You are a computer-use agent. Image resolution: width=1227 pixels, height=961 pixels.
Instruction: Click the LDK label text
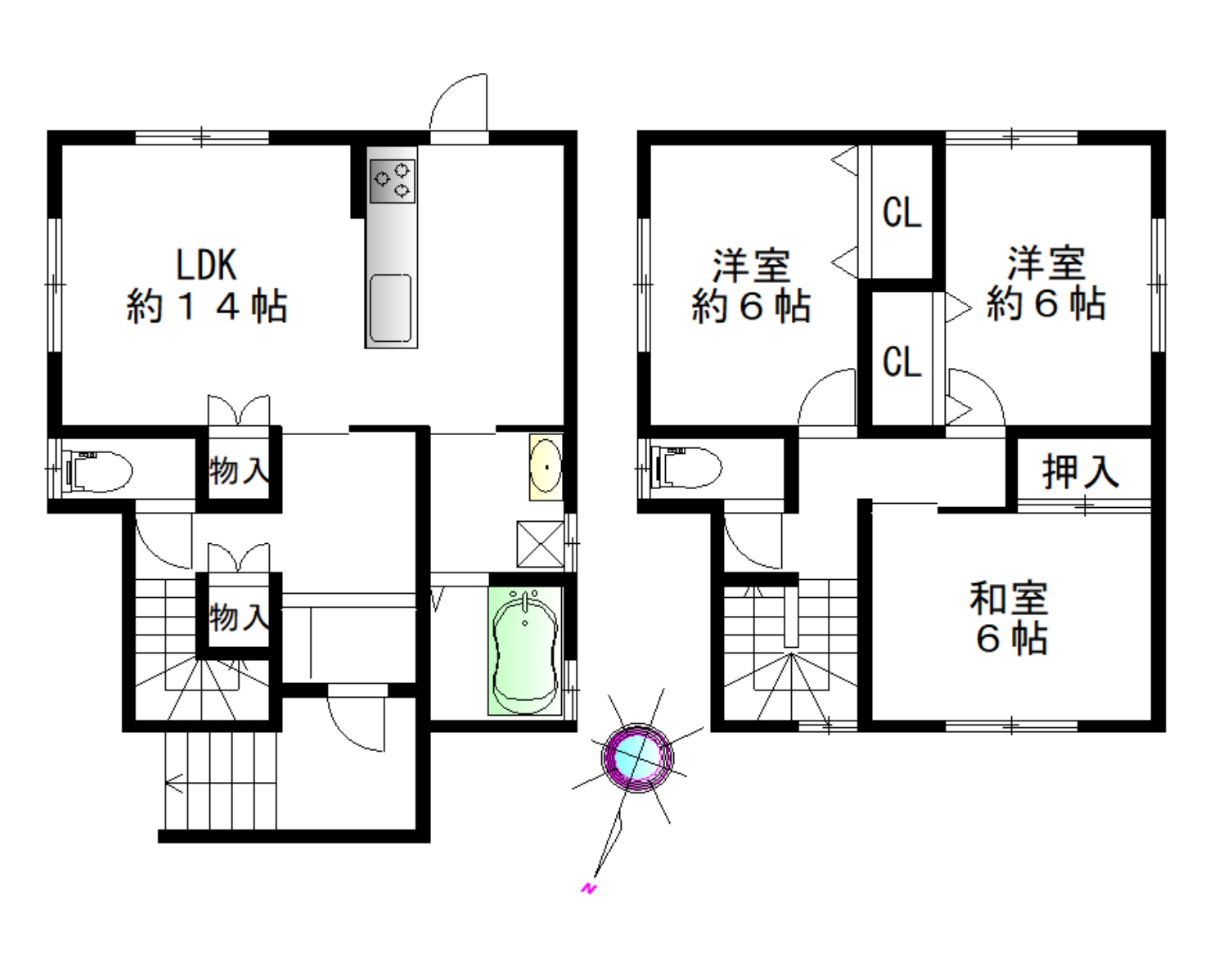(206, 265)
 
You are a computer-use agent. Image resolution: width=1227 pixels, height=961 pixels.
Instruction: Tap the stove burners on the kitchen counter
(393, 181)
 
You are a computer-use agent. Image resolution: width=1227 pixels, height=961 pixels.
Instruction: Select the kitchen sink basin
(391, 308)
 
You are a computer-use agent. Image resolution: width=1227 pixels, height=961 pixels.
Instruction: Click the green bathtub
(524, 651)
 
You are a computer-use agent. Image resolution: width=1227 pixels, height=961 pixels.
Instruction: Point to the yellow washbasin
(546, 467)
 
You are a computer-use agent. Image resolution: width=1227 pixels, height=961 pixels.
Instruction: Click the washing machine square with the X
(541, 544)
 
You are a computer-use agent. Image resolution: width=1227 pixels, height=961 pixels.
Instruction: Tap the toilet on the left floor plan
(97, 470)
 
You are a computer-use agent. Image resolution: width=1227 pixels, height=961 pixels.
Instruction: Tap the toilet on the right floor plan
(686, 468)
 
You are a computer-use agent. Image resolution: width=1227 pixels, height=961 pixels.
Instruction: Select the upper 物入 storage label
(240, 470)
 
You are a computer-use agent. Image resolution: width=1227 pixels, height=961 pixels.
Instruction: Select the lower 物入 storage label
(240, 617)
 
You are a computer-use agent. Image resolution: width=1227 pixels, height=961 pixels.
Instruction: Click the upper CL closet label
(901, 213)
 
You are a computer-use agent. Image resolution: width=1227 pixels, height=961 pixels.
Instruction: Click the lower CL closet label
(901, 361)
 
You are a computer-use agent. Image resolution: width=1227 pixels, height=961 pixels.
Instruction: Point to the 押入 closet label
(1081, 472)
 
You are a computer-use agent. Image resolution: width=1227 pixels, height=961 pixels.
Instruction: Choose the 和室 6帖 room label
(1009, 618)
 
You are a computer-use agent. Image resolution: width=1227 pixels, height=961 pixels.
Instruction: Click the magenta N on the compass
(589, 889)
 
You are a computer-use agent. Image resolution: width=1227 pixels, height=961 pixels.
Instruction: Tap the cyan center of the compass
(637, 754)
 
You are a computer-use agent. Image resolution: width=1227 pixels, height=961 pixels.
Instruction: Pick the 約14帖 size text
(207, 307)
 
